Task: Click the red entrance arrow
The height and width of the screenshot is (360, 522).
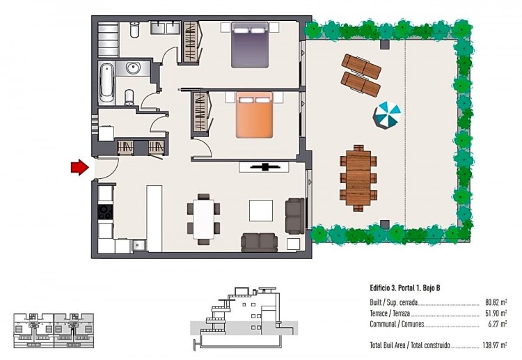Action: click(x=80, y=167)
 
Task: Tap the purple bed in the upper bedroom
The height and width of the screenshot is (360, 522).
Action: click(x=250, y=45)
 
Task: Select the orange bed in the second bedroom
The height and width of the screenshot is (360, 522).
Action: click(x=254, y=115)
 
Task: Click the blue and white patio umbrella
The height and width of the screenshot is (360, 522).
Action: click(x=386, y=115)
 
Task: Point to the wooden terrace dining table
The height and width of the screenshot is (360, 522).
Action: click(x=358, y=178)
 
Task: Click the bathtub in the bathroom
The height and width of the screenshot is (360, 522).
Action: click(x=107, y=83)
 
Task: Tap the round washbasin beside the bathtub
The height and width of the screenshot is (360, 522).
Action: click(x=133, y=69)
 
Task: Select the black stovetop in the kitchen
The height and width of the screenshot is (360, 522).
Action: click(x=106, y=212)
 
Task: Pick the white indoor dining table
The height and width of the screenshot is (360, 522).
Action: click(x=203, y=219)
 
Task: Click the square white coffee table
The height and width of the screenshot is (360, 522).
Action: click(x=261, y=210)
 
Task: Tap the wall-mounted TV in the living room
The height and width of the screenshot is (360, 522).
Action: click(x=264, y=167)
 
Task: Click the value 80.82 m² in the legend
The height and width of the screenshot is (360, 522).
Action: click(x=496, y=303)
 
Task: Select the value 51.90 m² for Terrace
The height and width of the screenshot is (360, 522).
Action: click(x=496, y=313)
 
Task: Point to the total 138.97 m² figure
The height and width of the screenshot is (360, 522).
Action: click(x=494, y=345)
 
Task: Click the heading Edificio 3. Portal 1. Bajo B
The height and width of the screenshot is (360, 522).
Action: click(x=405, y=288)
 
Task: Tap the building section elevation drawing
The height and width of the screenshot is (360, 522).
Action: click(x=244, y=318)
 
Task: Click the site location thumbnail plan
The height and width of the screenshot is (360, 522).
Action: click(x=54, y=331)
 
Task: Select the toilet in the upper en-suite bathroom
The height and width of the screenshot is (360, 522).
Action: click(x=134, y=29)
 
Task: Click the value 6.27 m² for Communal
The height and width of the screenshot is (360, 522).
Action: click(x=498, y=324)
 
